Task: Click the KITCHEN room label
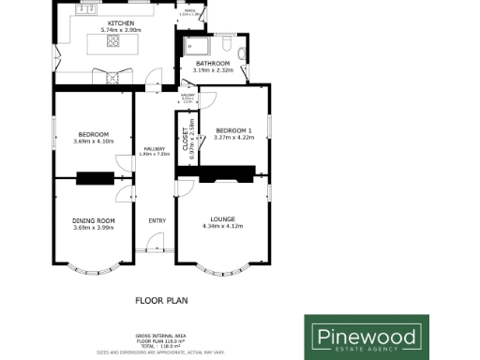tap(119, 22)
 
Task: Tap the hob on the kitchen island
tap(113, 41)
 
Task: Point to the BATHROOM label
tap(213, 63)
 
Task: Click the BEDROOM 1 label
tap(234, 129)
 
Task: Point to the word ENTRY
tap(156, 221)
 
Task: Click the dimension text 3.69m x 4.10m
tap(92, 142)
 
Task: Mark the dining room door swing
tap(123, 195)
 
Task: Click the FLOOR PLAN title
tap(156, 301)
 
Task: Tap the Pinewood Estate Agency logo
tap(368, 334)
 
